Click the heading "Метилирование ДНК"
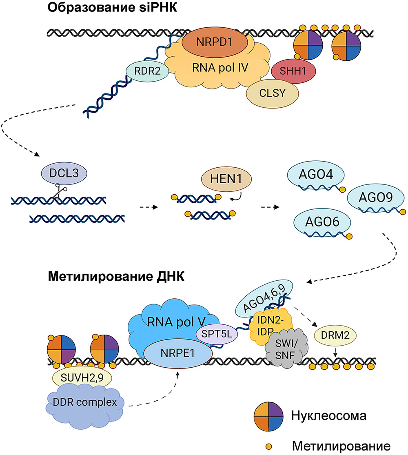pos(116,276)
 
